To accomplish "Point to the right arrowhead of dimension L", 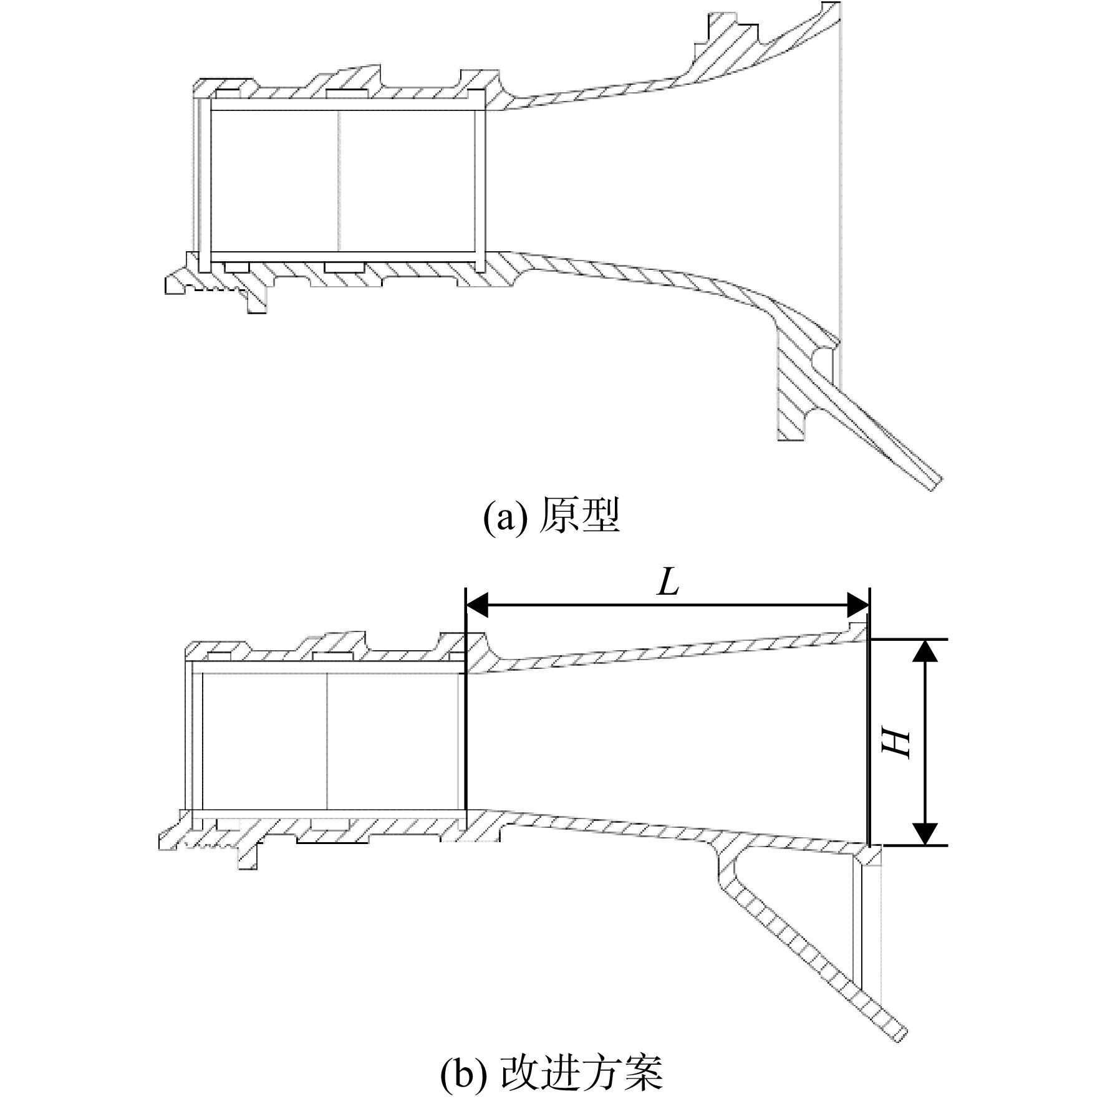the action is (x=857, y=604).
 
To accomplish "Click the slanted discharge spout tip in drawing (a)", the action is (x=934, y=484).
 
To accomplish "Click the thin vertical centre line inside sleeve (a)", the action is (x=339, y=181).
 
